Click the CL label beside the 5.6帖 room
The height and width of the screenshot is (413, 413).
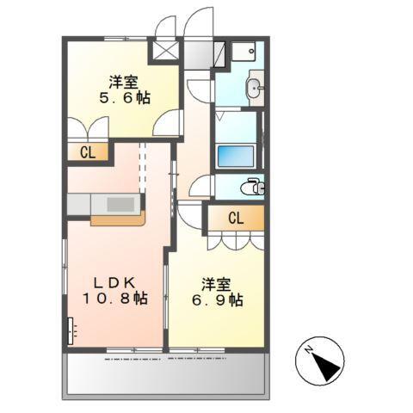88,153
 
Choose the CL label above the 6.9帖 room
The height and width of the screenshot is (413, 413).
236,219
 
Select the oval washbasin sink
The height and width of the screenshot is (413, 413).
254,88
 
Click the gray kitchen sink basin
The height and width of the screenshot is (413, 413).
121,204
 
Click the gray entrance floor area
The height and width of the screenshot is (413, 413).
198,55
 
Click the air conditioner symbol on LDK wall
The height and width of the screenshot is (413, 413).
71,330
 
